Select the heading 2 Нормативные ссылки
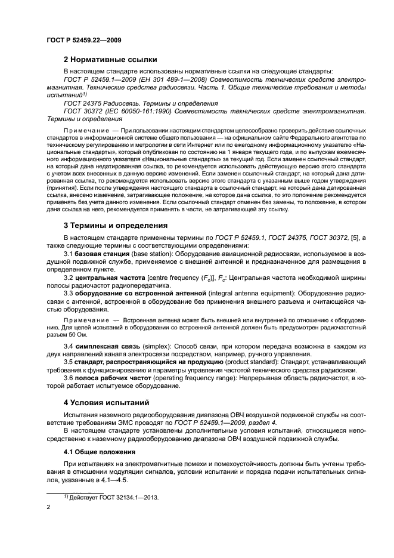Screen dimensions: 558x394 point(110,60)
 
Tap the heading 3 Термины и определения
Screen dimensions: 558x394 point(115,226)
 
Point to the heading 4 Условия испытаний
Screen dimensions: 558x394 point(107,402)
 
